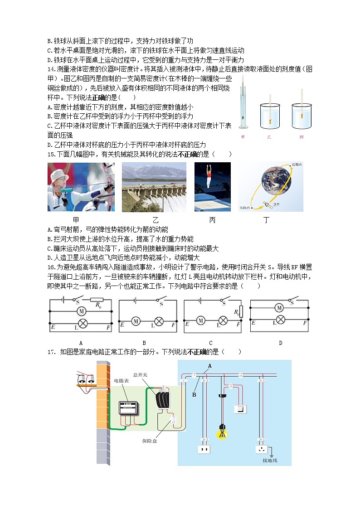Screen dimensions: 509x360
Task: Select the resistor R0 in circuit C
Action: pos(240,311)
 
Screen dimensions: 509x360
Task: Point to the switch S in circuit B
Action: pos(160,300)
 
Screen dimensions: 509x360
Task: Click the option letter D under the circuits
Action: pos(280,343)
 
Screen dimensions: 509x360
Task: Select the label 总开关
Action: pos(140,375)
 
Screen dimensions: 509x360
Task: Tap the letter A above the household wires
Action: pos(209,365)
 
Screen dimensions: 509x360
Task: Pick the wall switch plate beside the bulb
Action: pos(240,409)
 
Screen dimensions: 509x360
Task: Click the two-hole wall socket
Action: pos(204,450)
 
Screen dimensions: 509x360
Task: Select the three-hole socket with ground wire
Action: pos(261,450)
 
